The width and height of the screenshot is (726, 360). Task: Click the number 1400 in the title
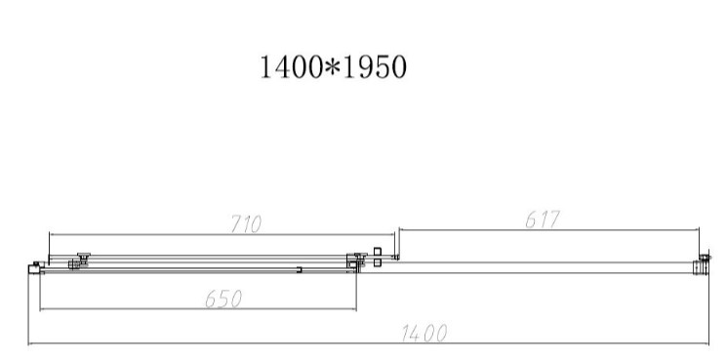click(x=291, y=67)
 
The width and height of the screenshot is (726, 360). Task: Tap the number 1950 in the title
click(x=375, y=67)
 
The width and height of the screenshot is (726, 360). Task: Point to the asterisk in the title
click(x=333, y=67)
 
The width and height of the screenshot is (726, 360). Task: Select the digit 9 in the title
click(x=366, y=67)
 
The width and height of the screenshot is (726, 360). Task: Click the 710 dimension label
click(x=246, y=224)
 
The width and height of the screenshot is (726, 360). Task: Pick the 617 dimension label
click(x=543, y=220)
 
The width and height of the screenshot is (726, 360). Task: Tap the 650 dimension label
click(x=223, y=299)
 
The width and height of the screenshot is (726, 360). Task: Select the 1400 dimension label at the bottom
click(x=424, y=333)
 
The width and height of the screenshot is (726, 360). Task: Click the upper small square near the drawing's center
click(x=378, y=252)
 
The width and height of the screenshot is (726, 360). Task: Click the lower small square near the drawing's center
click(x=378, y=262)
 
